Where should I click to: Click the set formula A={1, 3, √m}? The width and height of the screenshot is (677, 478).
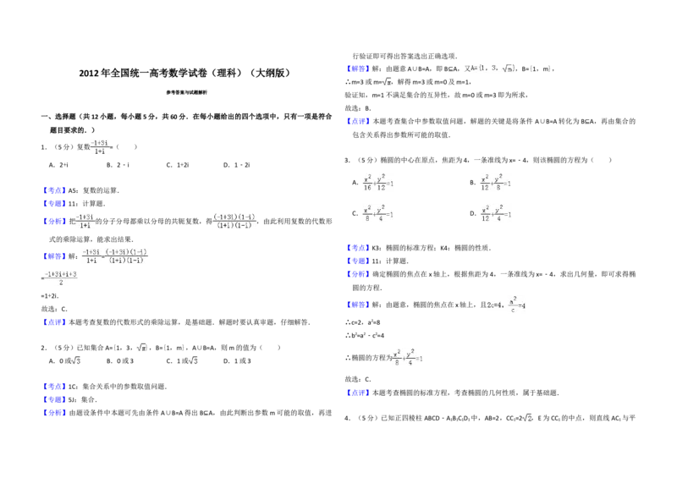coord(493,68)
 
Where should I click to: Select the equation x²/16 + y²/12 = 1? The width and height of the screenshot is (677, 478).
coord(378,183)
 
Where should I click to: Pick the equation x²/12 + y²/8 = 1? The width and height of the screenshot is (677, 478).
coord(494,183)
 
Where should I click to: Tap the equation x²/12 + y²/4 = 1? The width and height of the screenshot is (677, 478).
coord(494,213)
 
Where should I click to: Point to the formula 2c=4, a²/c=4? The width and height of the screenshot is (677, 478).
coord(504,305)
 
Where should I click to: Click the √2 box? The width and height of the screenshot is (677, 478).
coord(527,419)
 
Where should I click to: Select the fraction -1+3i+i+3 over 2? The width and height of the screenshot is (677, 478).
coord(61,278)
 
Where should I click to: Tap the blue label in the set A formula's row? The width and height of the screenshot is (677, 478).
coord(358,68)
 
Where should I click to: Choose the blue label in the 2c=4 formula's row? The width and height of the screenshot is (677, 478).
coord(358,305)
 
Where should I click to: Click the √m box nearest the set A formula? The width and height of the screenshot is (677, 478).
coord(386,82)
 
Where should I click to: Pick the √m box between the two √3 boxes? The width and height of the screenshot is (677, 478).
coord(142,345)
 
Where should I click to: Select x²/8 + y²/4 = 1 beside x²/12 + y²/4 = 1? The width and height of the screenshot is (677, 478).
coord(378,213)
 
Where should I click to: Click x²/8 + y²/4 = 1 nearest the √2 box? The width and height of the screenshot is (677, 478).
coord(405,359)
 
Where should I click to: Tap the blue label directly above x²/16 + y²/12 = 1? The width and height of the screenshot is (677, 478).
coord(358,122)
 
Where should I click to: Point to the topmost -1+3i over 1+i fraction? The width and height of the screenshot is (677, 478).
coord(101,146)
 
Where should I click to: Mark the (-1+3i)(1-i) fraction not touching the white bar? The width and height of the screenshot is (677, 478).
coord(234,220)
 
